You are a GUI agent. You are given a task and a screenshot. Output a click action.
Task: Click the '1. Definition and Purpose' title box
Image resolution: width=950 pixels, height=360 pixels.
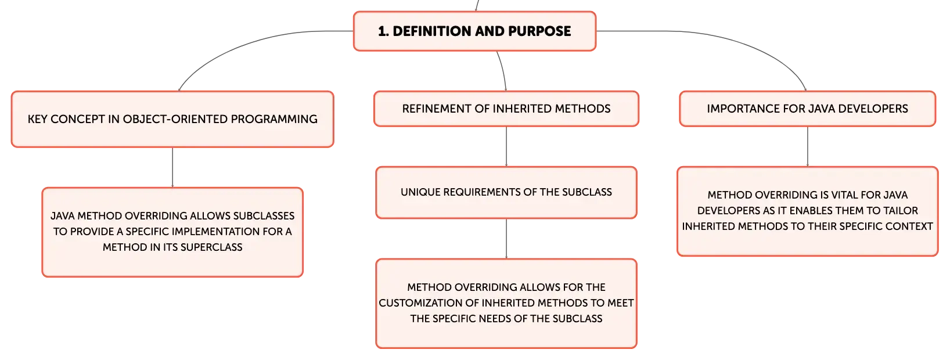474,31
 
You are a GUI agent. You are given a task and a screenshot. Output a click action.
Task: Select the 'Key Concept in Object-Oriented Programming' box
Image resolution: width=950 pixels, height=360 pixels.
172,119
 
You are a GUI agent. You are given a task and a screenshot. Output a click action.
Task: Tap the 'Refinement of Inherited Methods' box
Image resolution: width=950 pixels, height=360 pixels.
506,109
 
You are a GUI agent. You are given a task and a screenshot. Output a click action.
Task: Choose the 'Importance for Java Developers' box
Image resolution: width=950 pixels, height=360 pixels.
808,109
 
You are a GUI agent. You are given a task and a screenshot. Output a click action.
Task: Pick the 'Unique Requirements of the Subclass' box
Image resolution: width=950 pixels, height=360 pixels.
506,193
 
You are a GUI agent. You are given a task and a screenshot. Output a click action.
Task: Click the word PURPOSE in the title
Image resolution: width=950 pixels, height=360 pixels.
539,31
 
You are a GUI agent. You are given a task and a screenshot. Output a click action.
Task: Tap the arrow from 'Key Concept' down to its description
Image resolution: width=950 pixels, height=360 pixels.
172,167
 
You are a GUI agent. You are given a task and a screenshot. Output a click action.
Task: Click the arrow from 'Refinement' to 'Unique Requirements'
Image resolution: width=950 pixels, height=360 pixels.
506,147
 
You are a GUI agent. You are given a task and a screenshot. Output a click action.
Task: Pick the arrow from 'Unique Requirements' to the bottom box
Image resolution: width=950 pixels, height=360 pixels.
506,239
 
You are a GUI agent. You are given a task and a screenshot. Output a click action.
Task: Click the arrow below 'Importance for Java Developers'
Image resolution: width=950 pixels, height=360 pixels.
808,147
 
